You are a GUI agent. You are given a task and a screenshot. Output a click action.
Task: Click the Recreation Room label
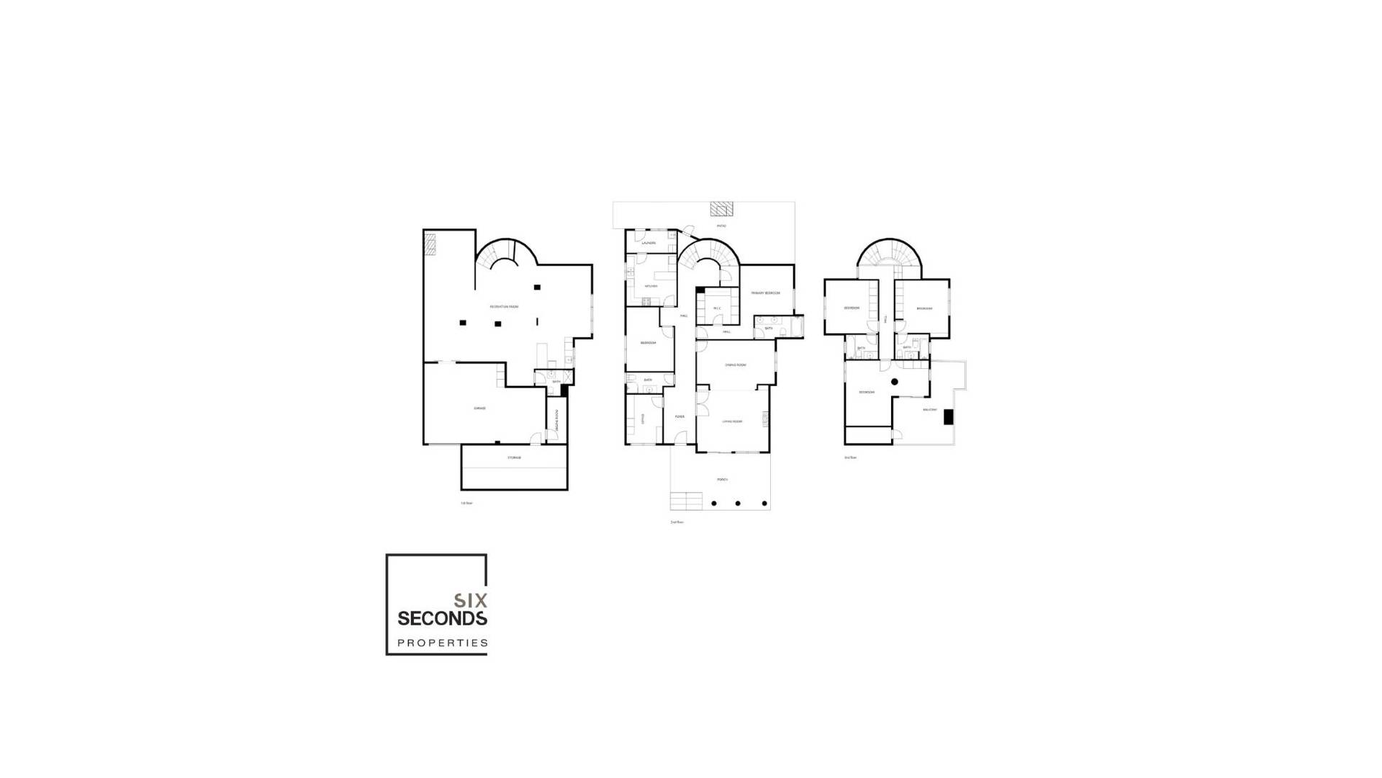(x=504, y=307)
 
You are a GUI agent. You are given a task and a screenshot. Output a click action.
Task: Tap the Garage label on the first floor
(x=480, y=408)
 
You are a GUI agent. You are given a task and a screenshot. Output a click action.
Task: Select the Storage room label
(x=514, y=458)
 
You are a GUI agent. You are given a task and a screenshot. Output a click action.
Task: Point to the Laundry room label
(x=649, y=243)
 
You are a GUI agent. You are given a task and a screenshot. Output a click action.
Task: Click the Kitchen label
(x=651, y=286)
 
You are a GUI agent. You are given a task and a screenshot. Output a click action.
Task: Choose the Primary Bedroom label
(x=765, y=293)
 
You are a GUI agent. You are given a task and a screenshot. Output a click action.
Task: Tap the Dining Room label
(x=736, y=365)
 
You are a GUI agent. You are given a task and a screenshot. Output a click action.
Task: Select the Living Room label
(x=732, y=421)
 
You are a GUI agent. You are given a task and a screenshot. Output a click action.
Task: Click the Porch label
(x=721, y=480)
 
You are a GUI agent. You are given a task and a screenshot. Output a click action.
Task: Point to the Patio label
(x=721, y=226)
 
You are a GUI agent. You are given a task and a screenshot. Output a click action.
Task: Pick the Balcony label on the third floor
(x=930, y=410)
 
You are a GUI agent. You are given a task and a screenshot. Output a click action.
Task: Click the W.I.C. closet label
(x=717, y=309)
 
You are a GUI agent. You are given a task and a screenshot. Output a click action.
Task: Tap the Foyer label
(x=679, y=417)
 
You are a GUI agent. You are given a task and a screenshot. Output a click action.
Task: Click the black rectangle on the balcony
(x=949, y=416)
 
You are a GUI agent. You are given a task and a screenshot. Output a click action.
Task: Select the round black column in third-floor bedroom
(x=895, y=382)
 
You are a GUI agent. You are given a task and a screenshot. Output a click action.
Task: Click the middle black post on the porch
(x=738, y=504)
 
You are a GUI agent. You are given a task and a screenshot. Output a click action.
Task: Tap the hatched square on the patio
(x=721, y=209)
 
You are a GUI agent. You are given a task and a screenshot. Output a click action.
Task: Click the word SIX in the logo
(x=471, y=600)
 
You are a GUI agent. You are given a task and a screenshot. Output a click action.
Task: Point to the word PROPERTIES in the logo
(x=443, y=643)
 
